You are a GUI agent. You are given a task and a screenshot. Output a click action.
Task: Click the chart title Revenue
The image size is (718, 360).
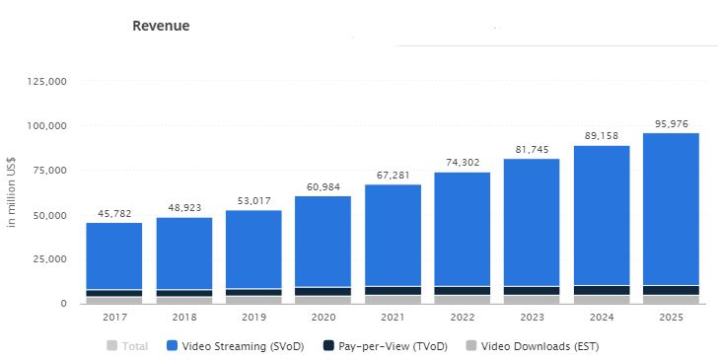161,26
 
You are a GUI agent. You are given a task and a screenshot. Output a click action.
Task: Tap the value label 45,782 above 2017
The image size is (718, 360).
114,213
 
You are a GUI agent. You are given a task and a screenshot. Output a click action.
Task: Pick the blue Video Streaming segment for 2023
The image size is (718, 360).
532,222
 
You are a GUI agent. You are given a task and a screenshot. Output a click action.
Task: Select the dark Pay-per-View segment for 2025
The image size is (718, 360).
671,290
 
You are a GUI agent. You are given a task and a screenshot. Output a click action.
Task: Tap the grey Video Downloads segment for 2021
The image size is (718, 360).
393,299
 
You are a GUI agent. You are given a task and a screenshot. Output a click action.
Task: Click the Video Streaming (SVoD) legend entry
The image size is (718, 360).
238,346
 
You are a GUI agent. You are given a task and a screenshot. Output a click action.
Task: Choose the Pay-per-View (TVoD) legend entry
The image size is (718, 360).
380,346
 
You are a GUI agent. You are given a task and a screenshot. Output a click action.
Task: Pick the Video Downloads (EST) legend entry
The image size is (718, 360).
534,346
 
